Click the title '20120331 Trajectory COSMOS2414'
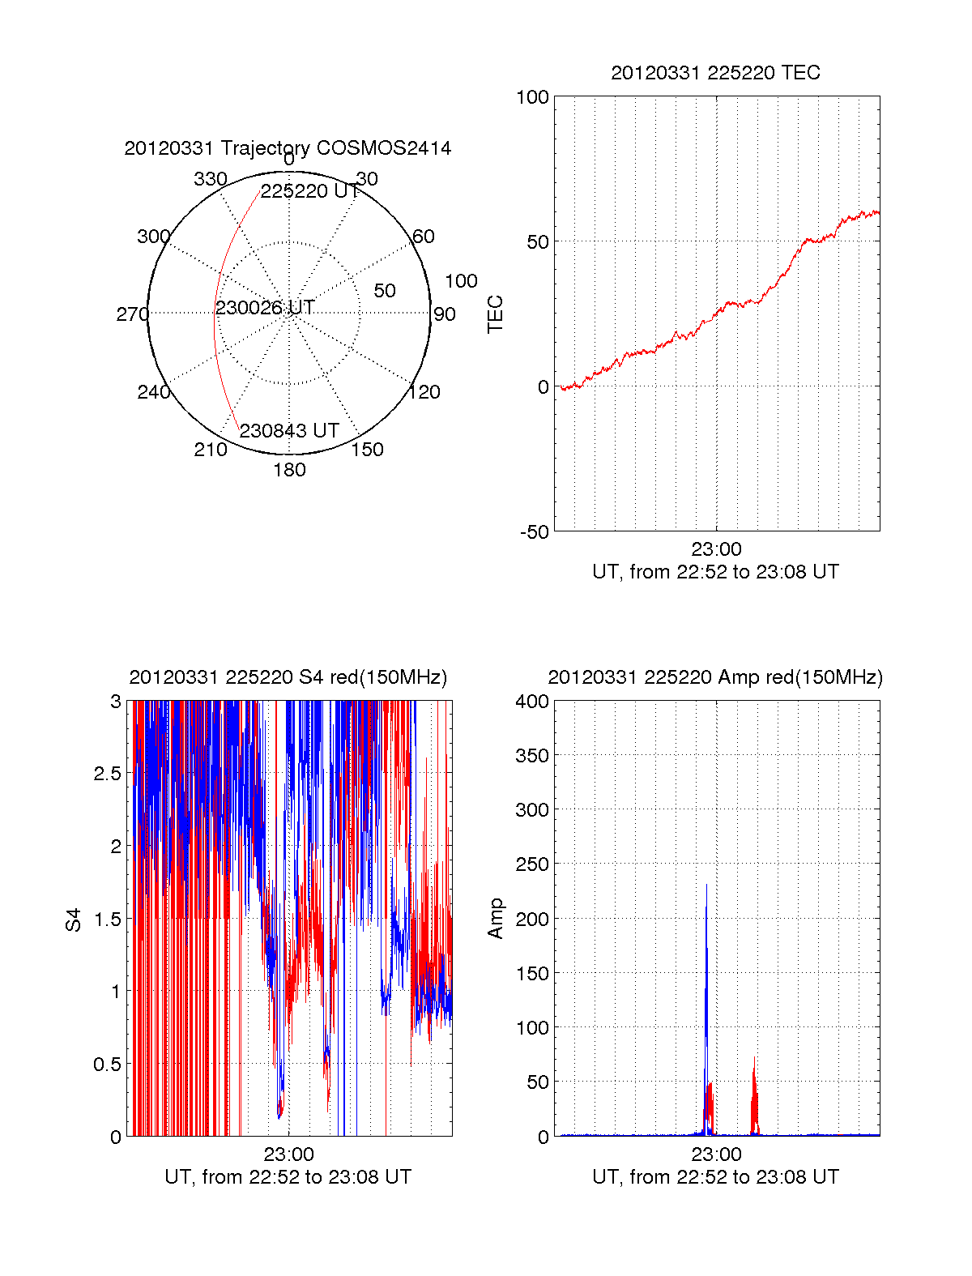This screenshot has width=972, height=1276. (288, 148)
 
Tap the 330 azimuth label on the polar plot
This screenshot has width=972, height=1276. (211, 179)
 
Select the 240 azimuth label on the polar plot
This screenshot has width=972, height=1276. (153, 392)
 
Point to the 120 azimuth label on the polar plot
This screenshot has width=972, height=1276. (424, 392)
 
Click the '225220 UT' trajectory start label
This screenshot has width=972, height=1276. (310, 191)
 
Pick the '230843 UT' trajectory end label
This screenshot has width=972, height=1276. (289, 431)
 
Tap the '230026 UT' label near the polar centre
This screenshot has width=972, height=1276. (265, 308)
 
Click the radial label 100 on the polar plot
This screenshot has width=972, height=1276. (461, 281)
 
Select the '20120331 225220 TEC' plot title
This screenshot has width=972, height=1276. (715, 73)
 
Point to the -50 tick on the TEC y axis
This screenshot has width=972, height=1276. (535, 532)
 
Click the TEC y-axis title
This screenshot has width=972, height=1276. (495, 314)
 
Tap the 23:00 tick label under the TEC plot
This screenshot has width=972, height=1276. (716, 549)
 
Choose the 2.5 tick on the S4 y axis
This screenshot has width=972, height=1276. (108, 774)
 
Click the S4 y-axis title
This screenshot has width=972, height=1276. (74, 920)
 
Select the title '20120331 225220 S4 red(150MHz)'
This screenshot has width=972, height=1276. (288, 677)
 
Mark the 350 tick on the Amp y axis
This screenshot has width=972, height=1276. (532, 756)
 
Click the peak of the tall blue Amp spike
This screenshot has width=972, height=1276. (706, 885)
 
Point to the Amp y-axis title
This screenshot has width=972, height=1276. (495, 919)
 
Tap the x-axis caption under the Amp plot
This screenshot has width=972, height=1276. (715, 1177)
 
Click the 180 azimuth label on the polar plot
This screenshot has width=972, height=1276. (289, 470)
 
